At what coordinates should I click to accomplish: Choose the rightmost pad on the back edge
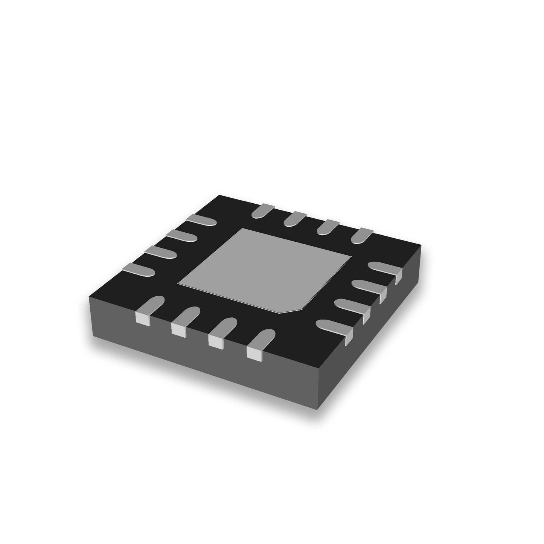tap(361, 235)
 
